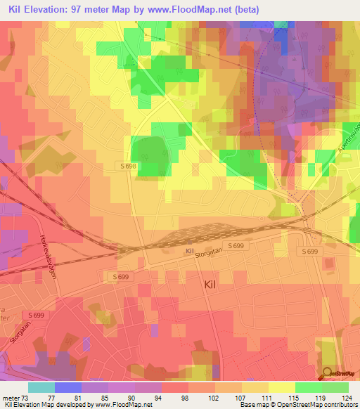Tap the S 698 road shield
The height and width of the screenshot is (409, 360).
click(127, 165)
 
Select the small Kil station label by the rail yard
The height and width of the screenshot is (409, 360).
click(189, 251)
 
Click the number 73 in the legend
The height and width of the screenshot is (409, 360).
click(26, 398)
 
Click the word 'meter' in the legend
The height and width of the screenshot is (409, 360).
click(11, 398)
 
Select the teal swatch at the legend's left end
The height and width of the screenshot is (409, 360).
click(41, 387)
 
